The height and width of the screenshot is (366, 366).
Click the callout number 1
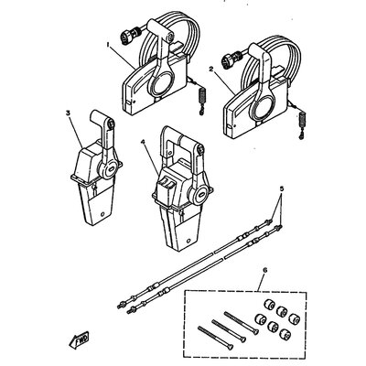click(x=107, y=43)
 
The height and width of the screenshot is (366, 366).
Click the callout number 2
click(x=211, y=69)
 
